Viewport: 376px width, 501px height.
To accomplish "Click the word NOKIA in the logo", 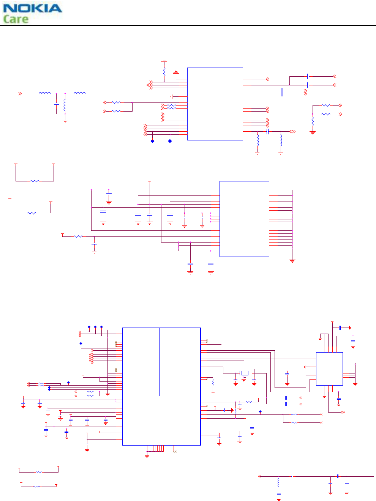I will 32,8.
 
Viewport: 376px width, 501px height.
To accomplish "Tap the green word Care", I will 16,19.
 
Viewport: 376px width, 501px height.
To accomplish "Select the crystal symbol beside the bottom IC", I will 245,373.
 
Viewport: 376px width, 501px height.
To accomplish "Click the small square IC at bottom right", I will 329,369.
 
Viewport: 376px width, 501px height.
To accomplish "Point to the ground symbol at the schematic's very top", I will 164,61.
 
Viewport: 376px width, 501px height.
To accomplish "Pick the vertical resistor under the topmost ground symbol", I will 164,71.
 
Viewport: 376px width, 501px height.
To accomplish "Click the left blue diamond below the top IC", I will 152,141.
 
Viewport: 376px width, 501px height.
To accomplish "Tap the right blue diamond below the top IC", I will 170,141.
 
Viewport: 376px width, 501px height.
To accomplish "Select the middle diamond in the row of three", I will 95,327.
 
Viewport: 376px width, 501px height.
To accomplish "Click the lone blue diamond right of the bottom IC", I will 260,411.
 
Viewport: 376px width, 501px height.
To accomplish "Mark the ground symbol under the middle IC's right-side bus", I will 292,261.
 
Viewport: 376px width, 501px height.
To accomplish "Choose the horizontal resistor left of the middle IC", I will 78,236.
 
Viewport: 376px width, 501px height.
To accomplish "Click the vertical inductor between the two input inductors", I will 65,104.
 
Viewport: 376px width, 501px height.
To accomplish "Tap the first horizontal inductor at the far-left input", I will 44,93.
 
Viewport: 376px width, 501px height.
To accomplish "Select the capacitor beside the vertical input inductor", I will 57,103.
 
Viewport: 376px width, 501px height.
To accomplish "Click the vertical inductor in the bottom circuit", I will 278,482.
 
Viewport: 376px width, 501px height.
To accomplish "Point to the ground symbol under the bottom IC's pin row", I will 147,455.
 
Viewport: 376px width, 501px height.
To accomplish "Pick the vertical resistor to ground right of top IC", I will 313,122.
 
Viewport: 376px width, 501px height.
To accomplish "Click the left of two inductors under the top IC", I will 258,140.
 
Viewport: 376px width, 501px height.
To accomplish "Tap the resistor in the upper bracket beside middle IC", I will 35,181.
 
